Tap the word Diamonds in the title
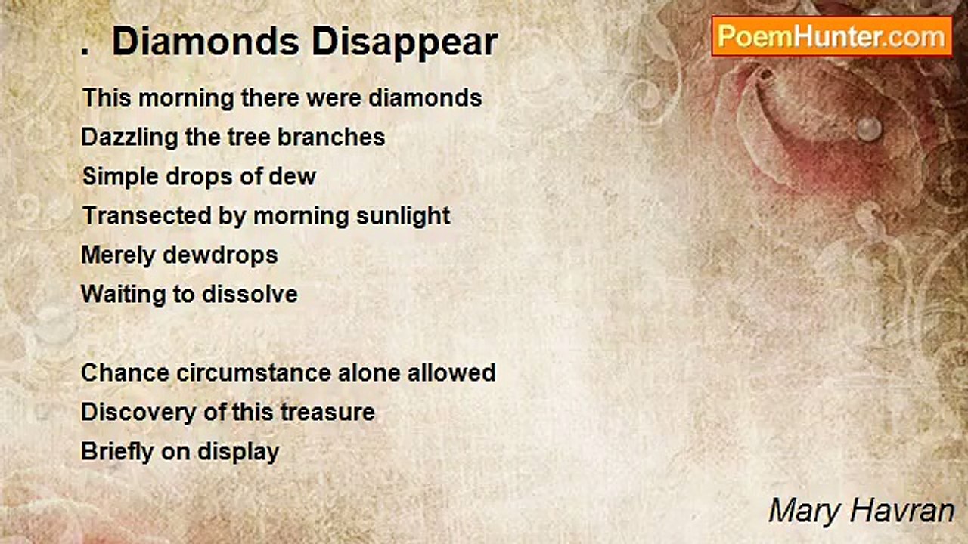tap(206, 41)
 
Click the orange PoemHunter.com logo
tap(832, 37)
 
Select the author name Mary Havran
tap(861, 512)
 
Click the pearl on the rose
tap(869, 128)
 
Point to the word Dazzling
tap(129, 138)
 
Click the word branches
tap(331, 138)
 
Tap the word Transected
tap(147, 215)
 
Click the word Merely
tap(118, 255)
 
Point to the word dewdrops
tap(220, 255)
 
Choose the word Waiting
tap(123, 295)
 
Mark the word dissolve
tap(250, 295)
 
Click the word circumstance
tap(253, 373)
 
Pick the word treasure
tap(327, 413)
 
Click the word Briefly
tap(117, 453)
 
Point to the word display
tap(238, 453)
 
